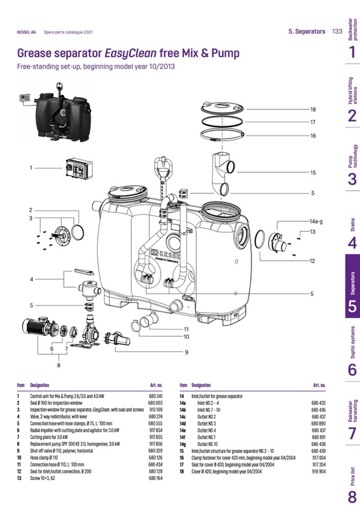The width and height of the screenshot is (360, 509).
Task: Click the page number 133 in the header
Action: [337, 31]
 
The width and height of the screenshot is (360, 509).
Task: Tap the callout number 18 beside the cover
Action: [313, 109]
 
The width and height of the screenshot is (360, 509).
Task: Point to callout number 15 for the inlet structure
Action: [313, 172]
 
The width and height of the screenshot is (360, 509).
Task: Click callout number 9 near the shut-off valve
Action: [187, 352]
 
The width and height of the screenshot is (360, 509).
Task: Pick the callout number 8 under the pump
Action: [58, 365]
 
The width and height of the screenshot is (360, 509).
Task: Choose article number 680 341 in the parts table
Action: [156, 396]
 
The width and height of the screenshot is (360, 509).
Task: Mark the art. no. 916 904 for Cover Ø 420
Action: [319, 471]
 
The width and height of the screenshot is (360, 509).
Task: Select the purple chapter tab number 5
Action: [353, 307]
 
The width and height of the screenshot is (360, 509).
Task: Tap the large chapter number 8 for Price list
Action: [353, 497]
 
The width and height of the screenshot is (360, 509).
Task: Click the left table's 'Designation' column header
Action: [40, 385]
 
